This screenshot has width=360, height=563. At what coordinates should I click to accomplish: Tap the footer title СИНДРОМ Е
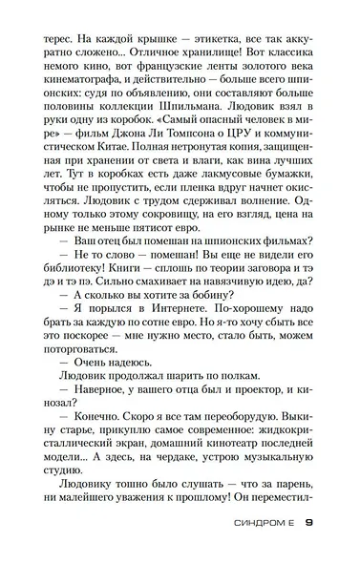point(260,522)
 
